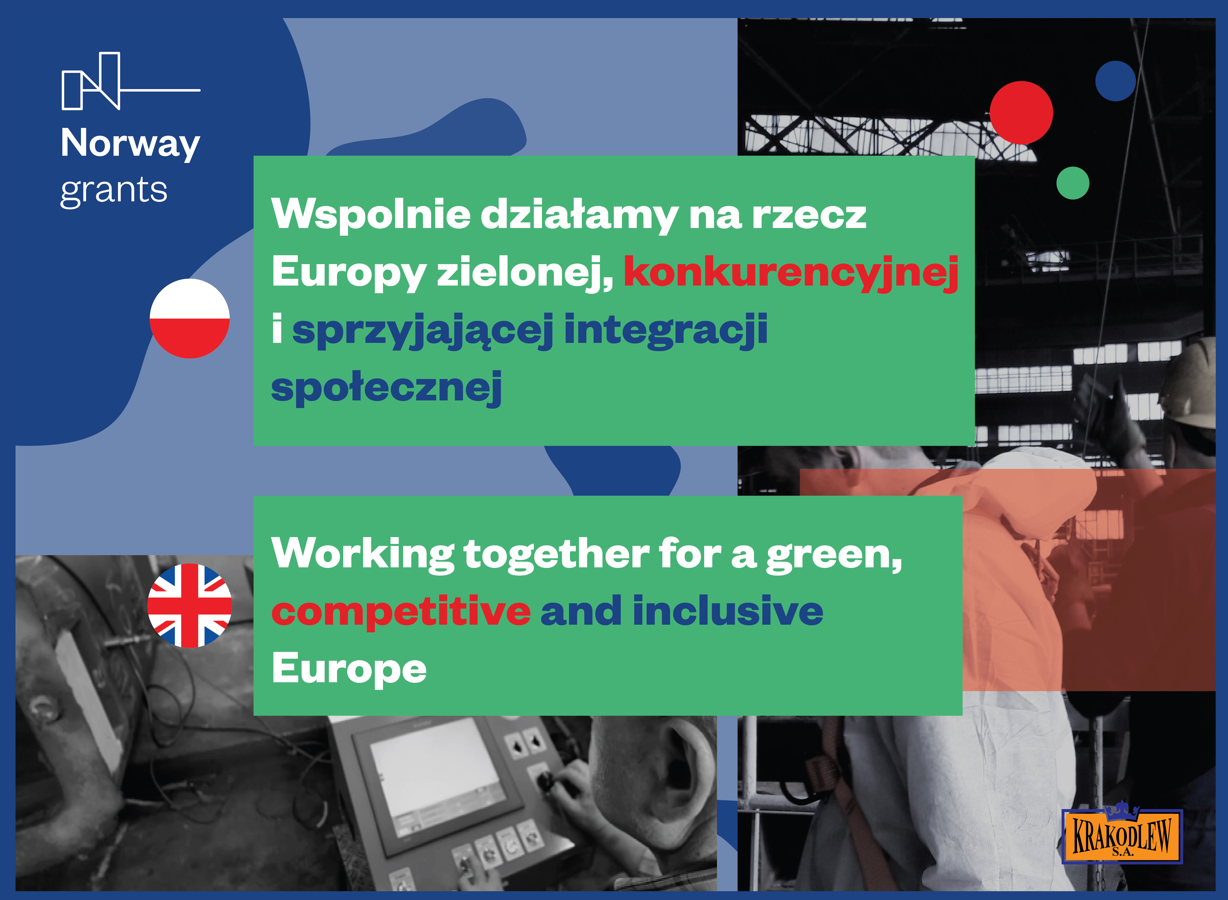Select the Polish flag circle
(x=190, y=319)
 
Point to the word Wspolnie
(x=371, y=214)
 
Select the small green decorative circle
(x=1073, y=183)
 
